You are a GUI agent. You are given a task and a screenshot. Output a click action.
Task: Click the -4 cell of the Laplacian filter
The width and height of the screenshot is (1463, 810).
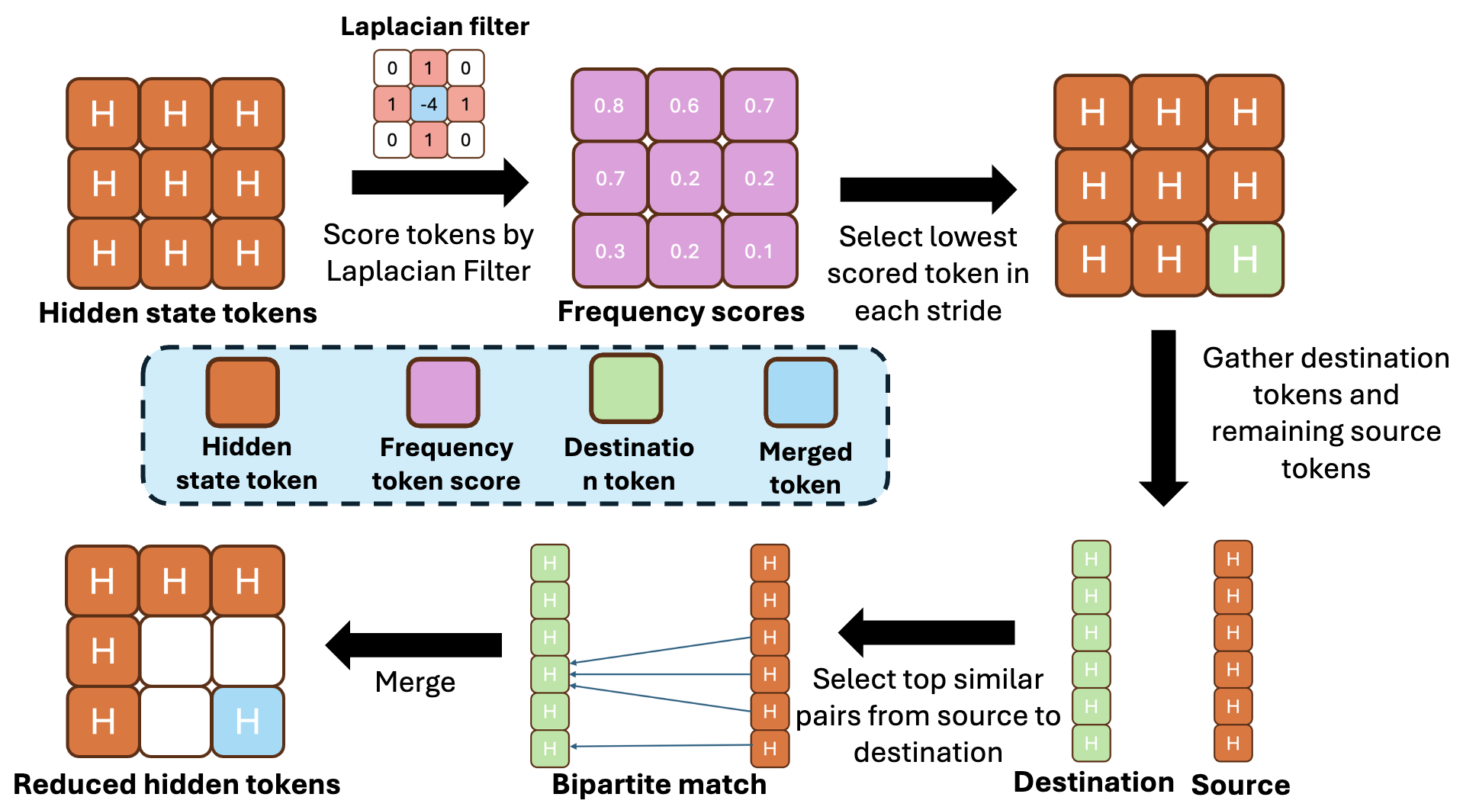tap(429, 104)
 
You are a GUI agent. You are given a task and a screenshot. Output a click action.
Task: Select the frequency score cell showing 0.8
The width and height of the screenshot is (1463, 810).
tap(609, 105)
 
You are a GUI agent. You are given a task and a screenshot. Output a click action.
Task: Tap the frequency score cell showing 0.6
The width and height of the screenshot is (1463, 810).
tap(684, 105)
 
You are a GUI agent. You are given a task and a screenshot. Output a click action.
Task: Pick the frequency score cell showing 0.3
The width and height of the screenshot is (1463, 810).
tap(609, 251)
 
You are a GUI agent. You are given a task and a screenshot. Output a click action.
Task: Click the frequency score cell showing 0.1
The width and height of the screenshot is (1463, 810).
tap(759, 251)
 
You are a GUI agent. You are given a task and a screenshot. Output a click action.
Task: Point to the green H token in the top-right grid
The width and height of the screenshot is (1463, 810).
tap(1245, 259)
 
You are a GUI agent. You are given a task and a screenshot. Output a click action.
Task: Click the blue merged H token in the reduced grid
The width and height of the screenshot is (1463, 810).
tap(248, 721)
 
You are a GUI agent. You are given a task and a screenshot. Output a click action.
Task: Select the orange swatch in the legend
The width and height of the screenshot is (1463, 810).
tap(243, 392)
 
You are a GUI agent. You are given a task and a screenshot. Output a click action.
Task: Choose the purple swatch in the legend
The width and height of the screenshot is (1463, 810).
tap(443, 392)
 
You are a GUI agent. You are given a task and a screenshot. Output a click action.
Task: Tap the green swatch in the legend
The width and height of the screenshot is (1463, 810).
tap(626, 388)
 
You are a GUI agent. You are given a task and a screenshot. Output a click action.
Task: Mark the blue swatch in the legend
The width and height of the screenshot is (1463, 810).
tap(801, 392)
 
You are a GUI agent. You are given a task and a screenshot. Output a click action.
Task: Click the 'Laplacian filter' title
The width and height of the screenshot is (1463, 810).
tap(435, 27)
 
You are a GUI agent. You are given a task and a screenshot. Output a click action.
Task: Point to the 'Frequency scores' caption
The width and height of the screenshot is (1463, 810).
tap(680, 311)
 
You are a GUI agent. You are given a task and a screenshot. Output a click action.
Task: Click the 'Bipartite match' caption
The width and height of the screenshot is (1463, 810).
tap(659, 784)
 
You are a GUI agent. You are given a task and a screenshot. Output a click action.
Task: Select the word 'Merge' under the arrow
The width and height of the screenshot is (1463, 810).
tap(415, 682)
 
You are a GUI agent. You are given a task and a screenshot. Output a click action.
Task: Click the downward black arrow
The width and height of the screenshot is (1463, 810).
tap(1163, 416)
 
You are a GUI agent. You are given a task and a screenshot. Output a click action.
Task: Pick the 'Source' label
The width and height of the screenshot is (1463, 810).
tap(1240, 784)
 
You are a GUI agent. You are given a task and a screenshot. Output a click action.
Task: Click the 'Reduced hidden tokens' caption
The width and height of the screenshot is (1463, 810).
tap(177, 784)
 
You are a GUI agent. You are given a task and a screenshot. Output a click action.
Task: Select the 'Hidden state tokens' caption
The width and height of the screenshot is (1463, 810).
tap(178, 313)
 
